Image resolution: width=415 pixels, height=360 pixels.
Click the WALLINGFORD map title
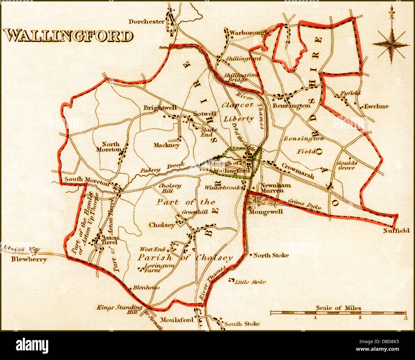pyautogui.click(x=68, y=35)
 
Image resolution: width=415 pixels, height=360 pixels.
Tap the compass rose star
pyautogui.click(x=391, y=45)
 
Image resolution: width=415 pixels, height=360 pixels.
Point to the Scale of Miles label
pyautogui.click(x=338, y=308)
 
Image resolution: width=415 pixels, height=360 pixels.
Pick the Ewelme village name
pyautogui.click(x=376, y=106)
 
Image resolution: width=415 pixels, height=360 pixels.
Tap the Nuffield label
pyautogui.click(x=396, y=230)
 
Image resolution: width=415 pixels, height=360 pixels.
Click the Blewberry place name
pyautogui.click(x=29, y=259)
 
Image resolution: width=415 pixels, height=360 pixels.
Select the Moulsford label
pyautogui.click(x=177, y=320)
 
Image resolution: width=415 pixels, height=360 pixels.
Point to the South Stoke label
pyautogui.click(x=242, y=324)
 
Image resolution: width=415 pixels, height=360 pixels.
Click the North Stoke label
pyautogui.click(x=271, y=255)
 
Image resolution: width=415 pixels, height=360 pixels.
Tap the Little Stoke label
pyautogui.click(x=250, y=282)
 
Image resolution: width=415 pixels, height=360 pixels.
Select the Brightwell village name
pyautogui.click(x=160, y=108)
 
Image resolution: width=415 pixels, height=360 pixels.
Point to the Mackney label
pyautogui.click(x=166, y=145)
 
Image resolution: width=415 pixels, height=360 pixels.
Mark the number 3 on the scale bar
pyautogui.click(x=405, y=318)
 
